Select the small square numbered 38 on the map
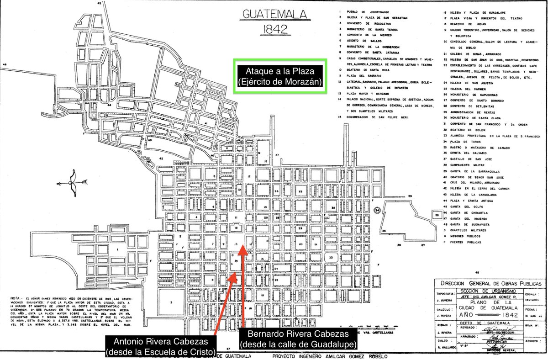coord(437,214)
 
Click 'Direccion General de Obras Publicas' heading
coord(488,284)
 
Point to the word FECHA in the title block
coord(531,309)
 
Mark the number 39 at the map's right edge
coord(410,196)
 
